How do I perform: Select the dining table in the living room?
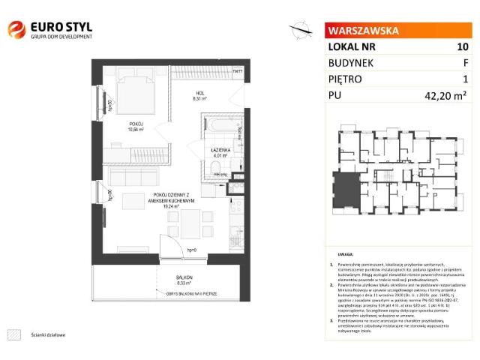193,221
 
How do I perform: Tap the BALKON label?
174,277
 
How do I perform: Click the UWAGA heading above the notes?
345,255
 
